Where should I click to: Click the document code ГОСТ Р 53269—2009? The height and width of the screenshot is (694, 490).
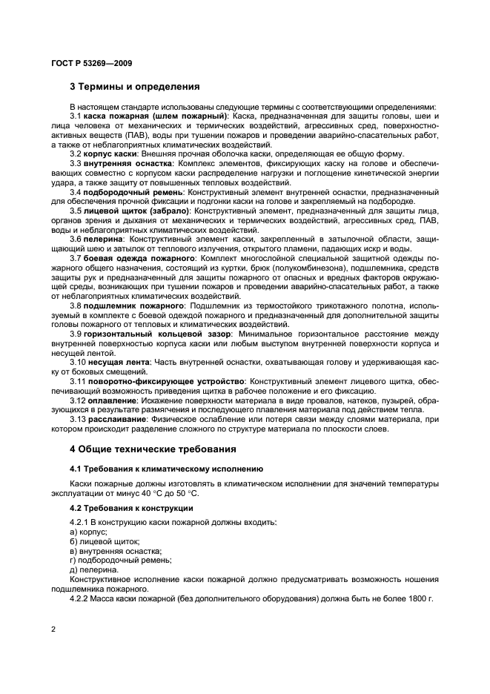pyautogui.click(x=90, y=64)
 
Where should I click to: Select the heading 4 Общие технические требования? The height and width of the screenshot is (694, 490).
pyautogui.click(x=153, y=449)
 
